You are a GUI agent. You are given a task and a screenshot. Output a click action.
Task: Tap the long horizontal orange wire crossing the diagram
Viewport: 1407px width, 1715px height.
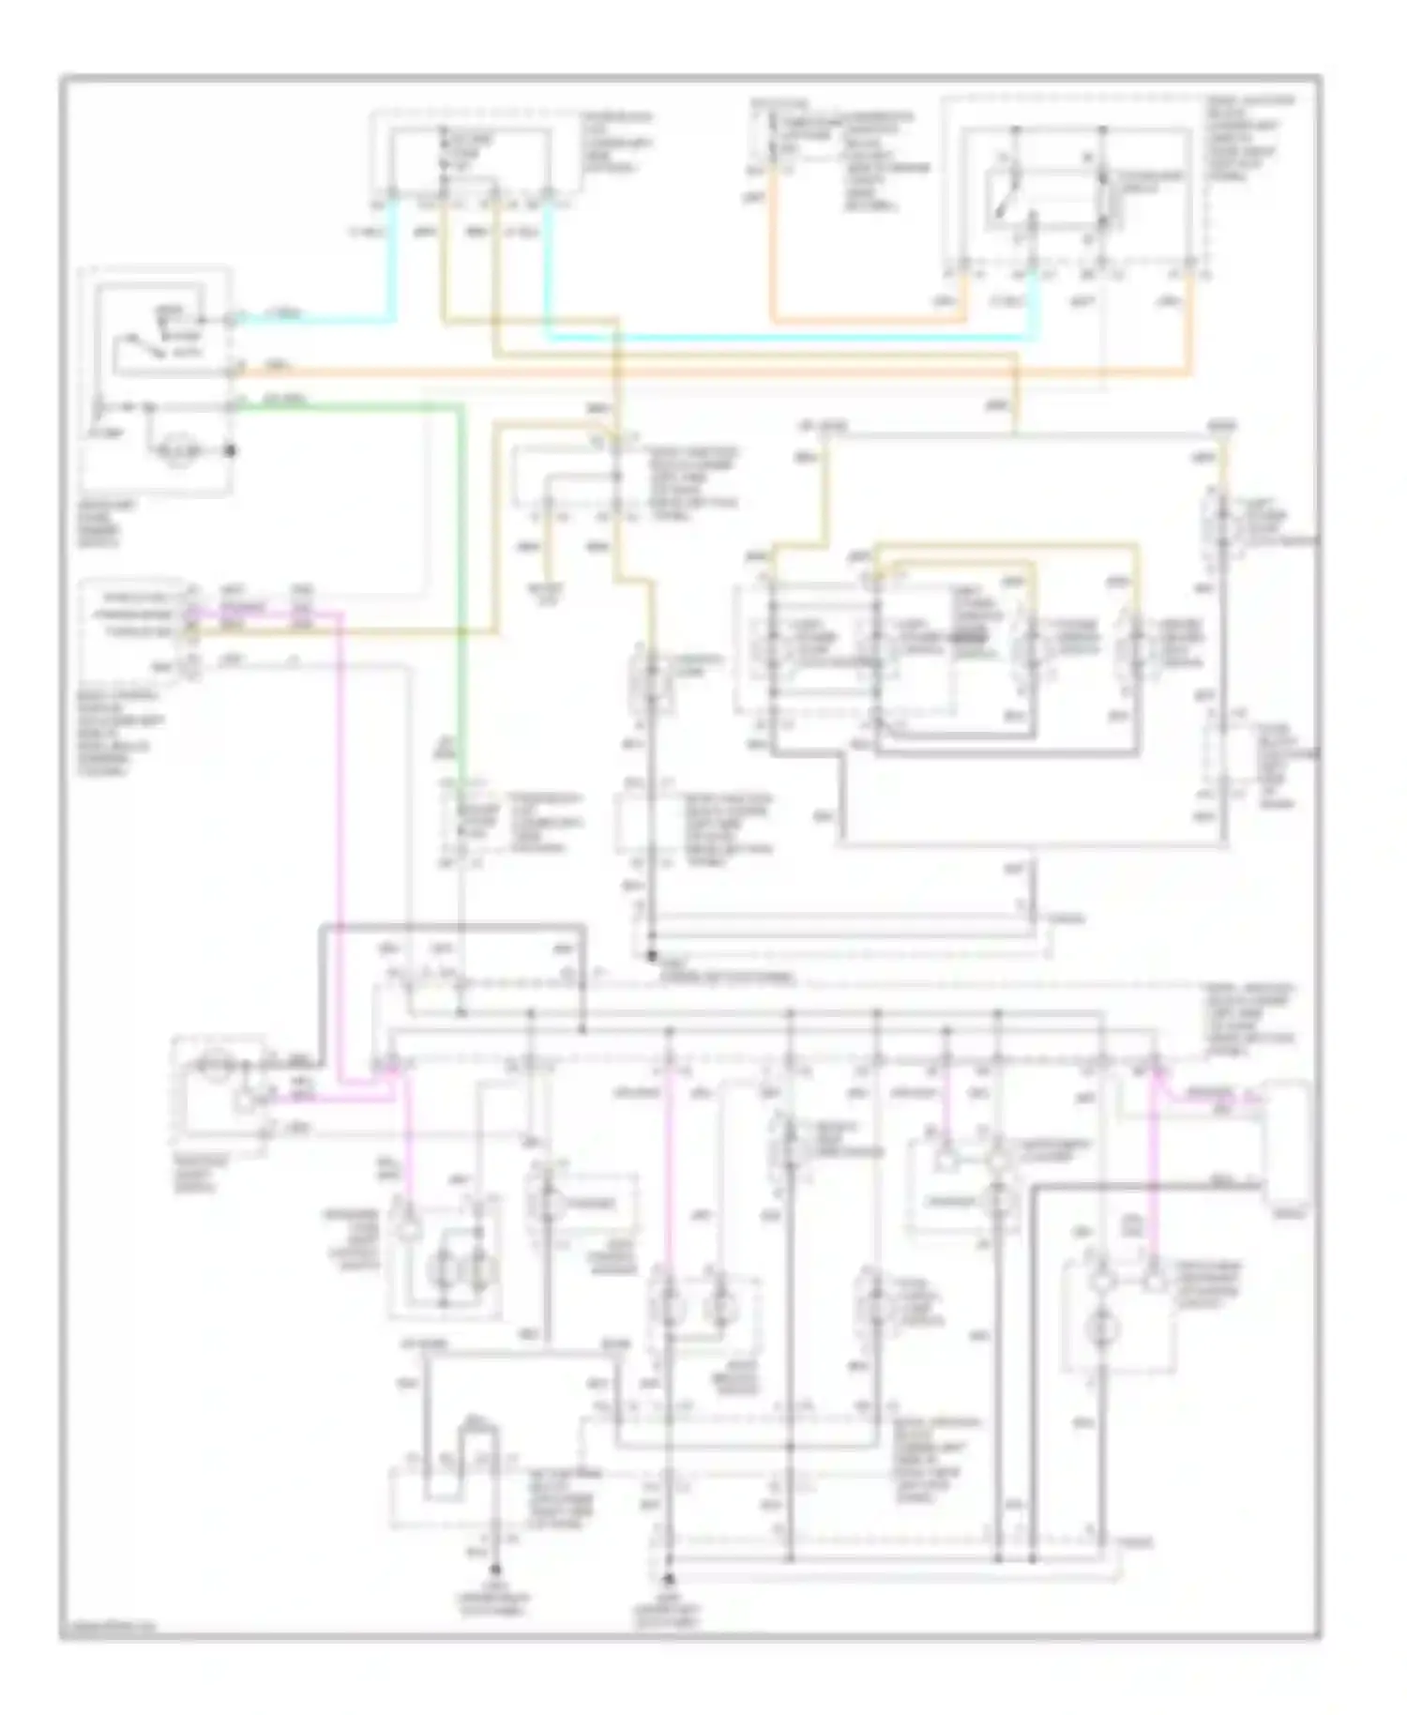[713, 373]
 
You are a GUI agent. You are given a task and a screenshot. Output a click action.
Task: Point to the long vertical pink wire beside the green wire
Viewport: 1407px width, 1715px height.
[340, 844]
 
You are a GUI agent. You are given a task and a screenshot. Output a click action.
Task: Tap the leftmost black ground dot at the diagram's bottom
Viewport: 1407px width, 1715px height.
[495, 1569]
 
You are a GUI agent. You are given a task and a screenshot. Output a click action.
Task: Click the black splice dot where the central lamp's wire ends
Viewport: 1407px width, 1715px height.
[651, 956]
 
